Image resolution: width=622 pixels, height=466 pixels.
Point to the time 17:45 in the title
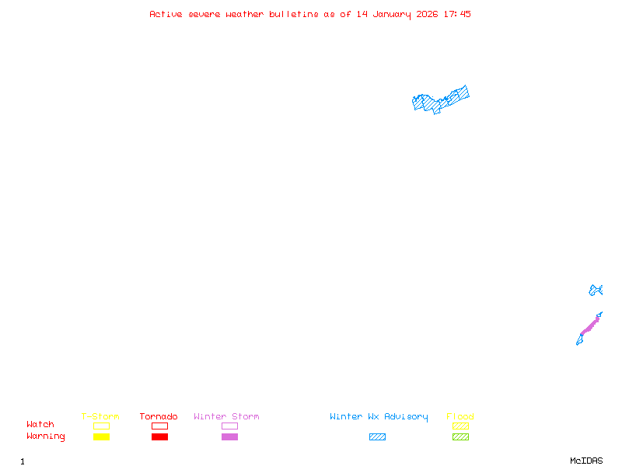tap(456, 14)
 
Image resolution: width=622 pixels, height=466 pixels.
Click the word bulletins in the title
tap(294, 14)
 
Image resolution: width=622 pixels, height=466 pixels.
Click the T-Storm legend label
tap(100, 417)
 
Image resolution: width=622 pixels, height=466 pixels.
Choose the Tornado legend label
tap(159, 417)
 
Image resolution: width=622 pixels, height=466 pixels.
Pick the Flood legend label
tap(460, 417)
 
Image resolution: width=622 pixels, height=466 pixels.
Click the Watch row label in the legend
tap(40, 425)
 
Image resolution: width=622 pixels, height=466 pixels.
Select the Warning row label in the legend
tap(46, 436)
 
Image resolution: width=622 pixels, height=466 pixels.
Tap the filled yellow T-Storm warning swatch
tap(101, 437)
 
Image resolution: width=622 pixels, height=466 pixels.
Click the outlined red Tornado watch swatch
tap(159, 426)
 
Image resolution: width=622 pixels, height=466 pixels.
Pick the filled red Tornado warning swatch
tap(159, 437)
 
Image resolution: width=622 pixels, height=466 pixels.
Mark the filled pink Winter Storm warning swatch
tap(229, 437)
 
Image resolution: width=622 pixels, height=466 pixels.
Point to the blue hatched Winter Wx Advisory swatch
tap(377, 437)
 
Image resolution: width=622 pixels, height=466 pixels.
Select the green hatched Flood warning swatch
tap(460, 437)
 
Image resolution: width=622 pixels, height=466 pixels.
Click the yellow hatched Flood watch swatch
tap(460, 426)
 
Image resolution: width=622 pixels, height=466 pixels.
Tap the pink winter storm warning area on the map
tap(589, 325)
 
